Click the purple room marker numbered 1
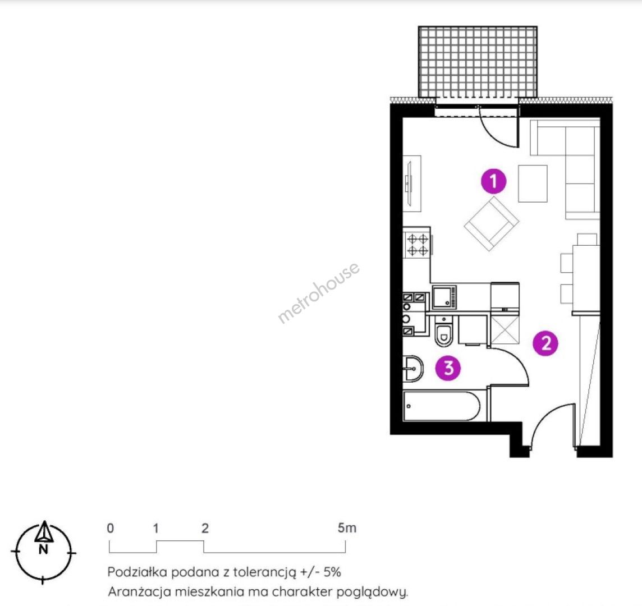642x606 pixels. tap(493, 181)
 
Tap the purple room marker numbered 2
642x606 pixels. tap(546, 343)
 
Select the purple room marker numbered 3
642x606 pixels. tap(448, 368)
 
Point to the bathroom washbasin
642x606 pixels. tap(412, 369)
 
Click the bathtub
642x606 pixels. tap(441, 406)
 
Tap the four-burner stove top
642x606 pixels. tap(418, 245)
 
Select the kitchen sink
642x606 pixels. tap(444, 297)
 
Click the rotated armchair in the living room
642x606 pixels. tap(492, 223)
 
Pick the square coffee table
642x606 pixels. tap(533, 183)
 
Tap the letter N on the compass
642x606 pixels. tap(43, 549)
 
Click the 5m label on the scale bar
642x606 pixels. tap(347, 528)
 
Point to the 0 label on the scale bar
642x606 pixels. tap(110, 528)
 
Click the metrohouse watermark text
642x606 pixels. tap(319, 292)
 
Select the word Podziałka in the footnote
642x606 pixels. tap(137, 572)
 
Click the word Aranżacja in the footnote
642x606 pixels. tap(139, 592)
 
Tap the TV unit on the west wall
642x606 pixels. tap(412, 183)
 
